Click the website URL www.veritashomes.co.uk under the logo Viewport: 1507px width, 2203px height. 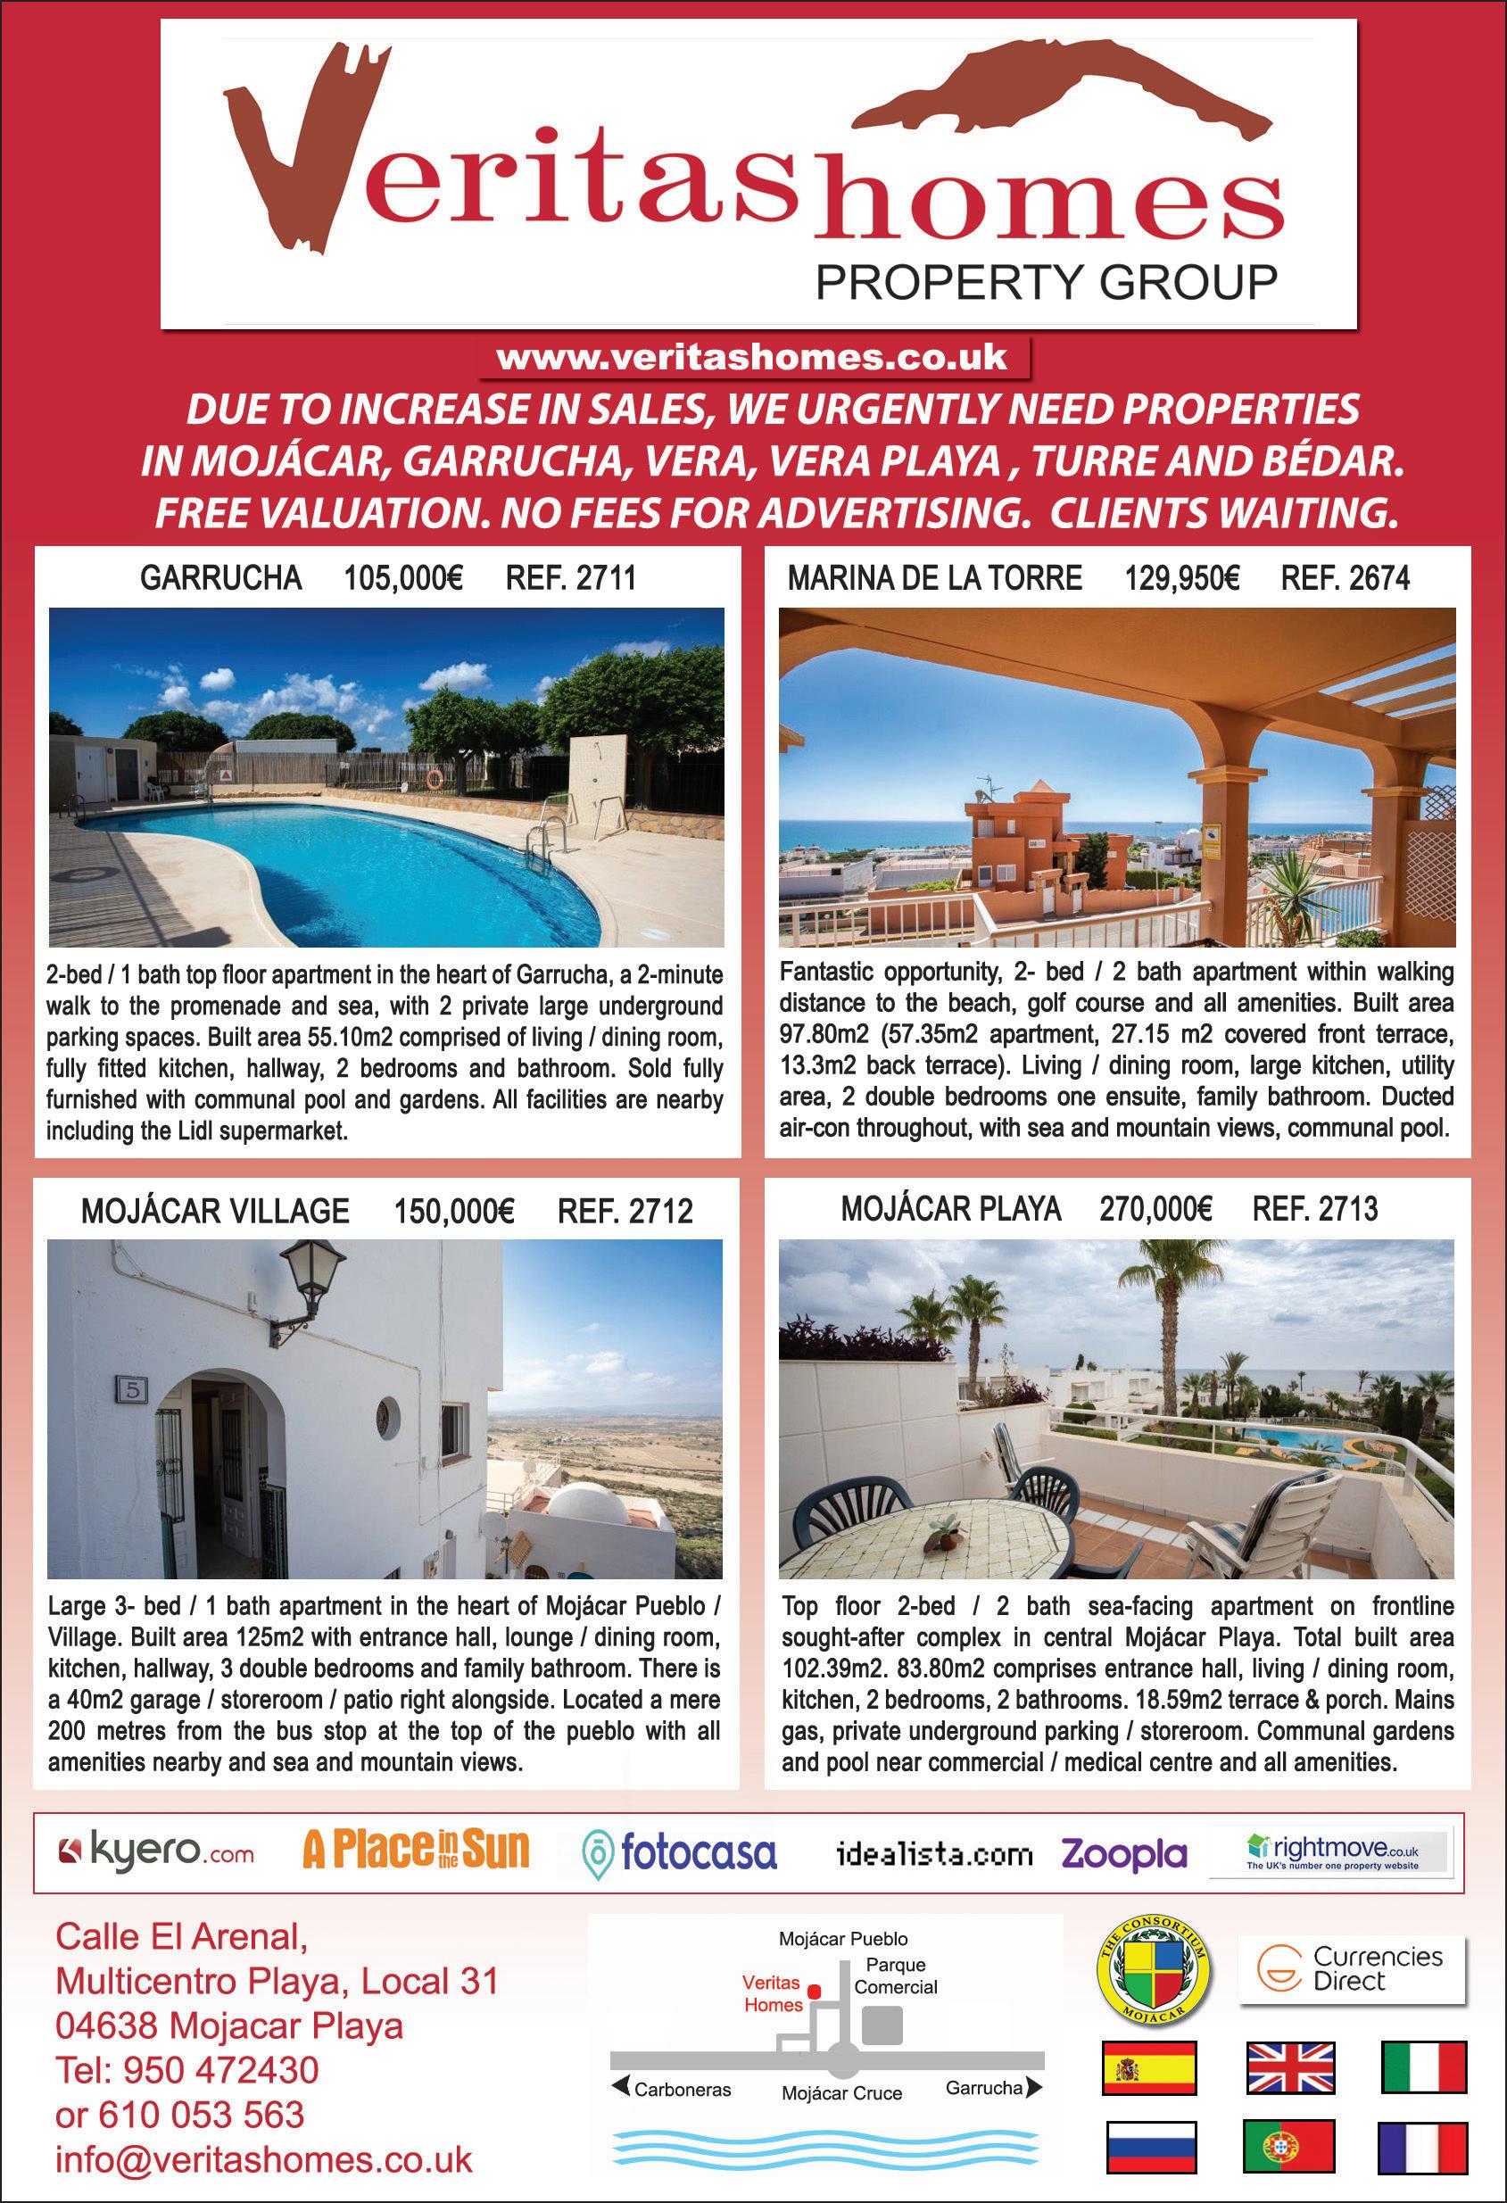751,358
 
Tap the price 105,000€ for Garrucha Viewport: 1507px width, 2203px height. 402,577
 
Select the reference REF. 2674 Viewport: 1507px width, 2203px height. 1345,577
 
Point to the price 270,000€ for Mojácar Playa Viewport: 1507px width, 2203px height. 1155,1210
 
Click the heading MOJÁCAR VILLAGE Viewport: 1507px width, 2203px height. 215,1211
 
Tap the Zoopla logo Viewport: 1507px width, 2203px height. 1124,1852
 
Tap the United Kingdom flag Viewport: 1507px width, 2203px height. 1290,2067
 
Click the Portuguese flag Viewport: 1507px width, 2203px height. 1288,2146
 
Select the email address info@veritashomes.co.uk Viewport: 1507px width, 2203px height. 263,2159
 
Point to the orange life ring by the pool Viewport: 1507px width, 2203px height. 435,778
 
